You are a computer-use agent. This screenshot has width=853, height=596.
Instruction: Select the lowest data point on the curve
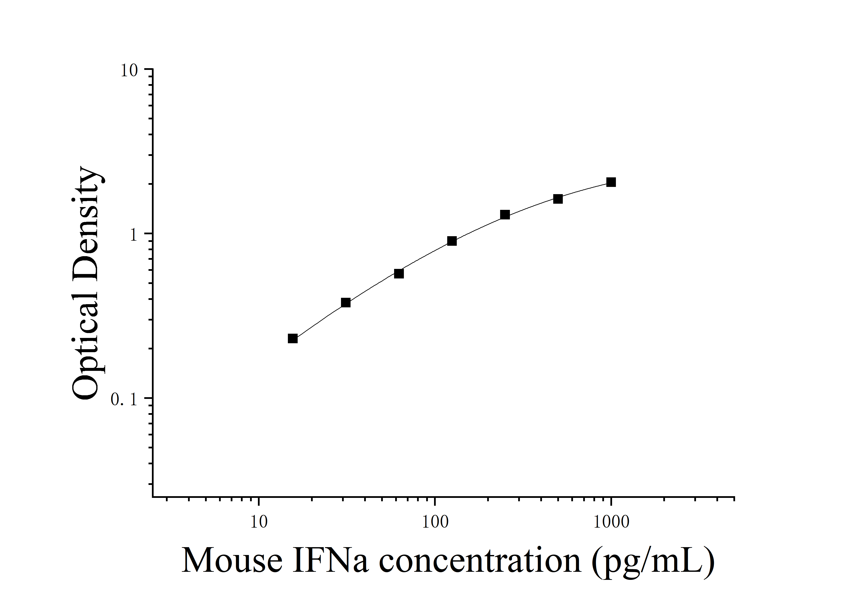[x=293, y=338]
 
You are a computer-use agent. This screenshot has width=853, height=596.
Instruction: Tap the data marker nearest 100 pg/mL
[x=452, y=241]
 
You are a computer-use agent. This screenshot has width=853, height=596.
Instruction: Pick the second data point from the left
[x=345, y=303]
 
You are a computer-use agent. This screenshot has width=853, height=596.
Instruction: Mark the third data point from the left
[x=399, y=274]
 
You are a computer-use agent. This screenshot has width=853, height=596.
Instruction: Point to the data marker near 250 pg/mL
[x=505, y=215]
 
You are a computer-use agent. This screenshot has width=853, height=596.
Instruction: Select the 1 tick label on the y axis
[x=134, y=235]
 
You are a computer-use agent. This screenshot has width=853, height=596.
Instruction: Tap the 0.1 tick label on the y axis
[x=124, y=400]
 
